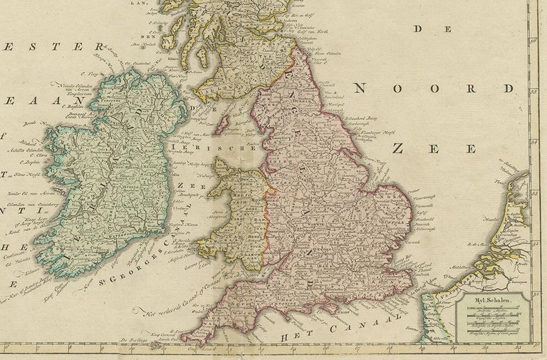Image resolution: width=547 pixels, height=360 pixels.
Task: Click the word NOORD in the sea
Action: [x=432, y=88]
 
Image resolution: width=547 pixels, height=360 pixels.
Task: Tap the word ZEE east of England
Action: [x=434, y=148]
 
